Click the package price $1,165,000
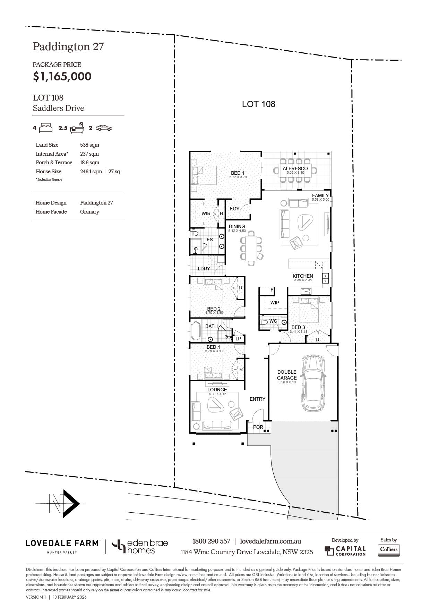click(x=62, y=77)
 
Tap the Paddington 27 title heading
click(x=68, y=46)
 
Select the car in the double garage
click(x=313, y=383)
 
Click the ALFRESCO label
click(x=295, y=168)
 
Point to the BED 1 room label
click(x=238, y=173)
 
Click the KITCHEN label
click(x=303, y=276)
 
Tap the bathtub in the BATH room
click(x=195, y=331)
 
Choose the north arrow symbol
click(x=64, y=503)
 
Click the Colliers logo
click(x=389, y=549)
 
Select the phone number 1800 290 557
click(x=211, y=541)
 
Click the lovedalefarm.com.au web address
click(x=270, y=541)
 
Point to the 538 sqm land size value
click(x=89, y=145)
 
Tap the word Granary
click(x=89, y=212)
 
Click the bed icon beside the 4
click(x=46, y=128)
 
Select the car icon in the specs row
click(x=104, y=128)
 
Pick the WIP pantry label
click(x=275, y=303)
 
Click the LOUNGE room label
click(x=217, y=390)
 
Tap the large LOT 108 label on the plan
click(x=259, y=104)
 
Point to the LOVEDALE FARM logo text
click(x=62, y=543)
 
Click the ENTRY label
click(x=257, y=399)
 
